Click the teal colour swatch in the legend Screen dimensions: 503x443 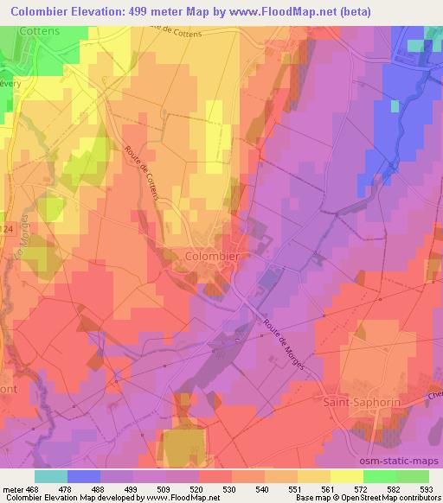pos(51,475)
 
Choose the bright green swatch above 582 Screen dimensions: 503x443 pos(379,475)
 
